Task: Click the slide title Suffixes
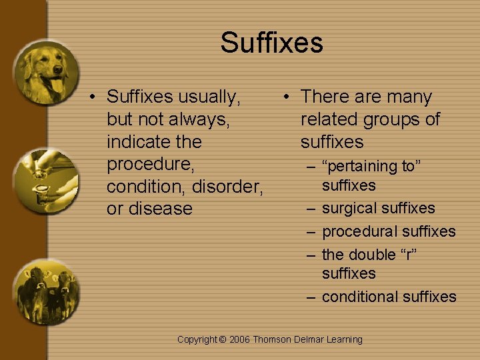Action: tap(272, 43)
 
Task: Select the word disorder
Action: tap(229, 187)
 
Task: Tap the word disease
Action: tap(160, 209)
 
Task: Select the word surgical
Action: tap(349, 209)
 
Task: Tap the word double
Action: tap(375, 255)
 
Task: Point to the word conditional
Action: tap(363, 297)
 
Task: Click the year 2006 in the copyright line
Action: tap(239, 340)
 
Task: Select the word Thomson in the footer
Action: tap(271, 340)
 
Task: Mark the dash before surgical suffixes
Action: tap(311, 209)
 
